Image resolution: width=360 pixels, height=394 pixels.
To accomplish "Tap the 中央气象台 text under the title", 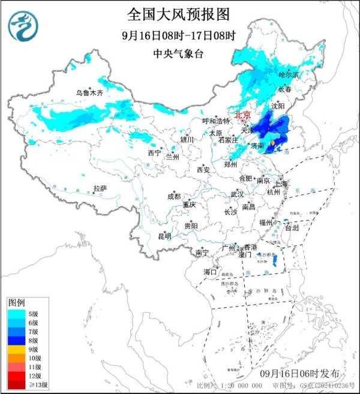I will [179, 53].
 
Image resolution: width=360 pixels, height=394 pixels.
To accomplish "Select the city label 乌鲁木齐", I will [89, 93].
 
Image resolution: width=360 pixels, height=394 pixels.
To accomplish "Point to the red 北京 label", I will [242, 114].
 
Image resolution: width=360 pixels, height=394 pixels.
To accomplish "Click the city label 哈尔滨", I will [289, 75].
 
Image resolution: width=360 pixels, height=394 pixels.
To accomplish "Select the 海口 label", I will [209, 272].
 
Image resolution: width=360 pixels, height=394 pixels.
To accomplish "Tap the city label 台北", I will [291, 228].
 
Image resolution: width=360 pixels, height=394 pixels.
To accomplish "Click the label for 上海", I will [281, 184].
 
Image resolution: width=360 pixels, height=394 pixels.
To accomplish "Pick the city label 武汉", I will [237, 194].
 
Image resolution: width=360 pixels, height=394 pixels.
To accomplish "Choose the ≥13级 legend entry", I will [34, 384].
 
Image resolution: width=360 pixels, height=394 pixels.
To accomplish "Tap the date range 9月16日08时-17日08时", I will [179, 35].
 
